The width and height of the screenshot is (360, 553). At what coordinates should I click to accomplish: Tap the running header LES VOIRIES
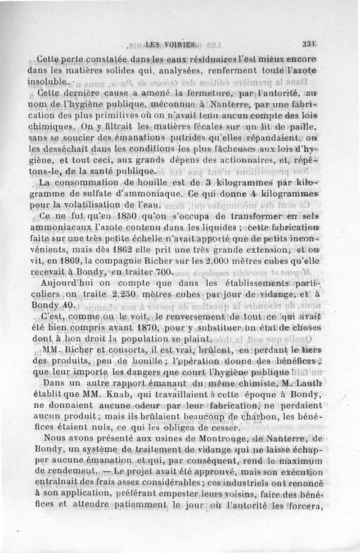pos(162,44)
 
